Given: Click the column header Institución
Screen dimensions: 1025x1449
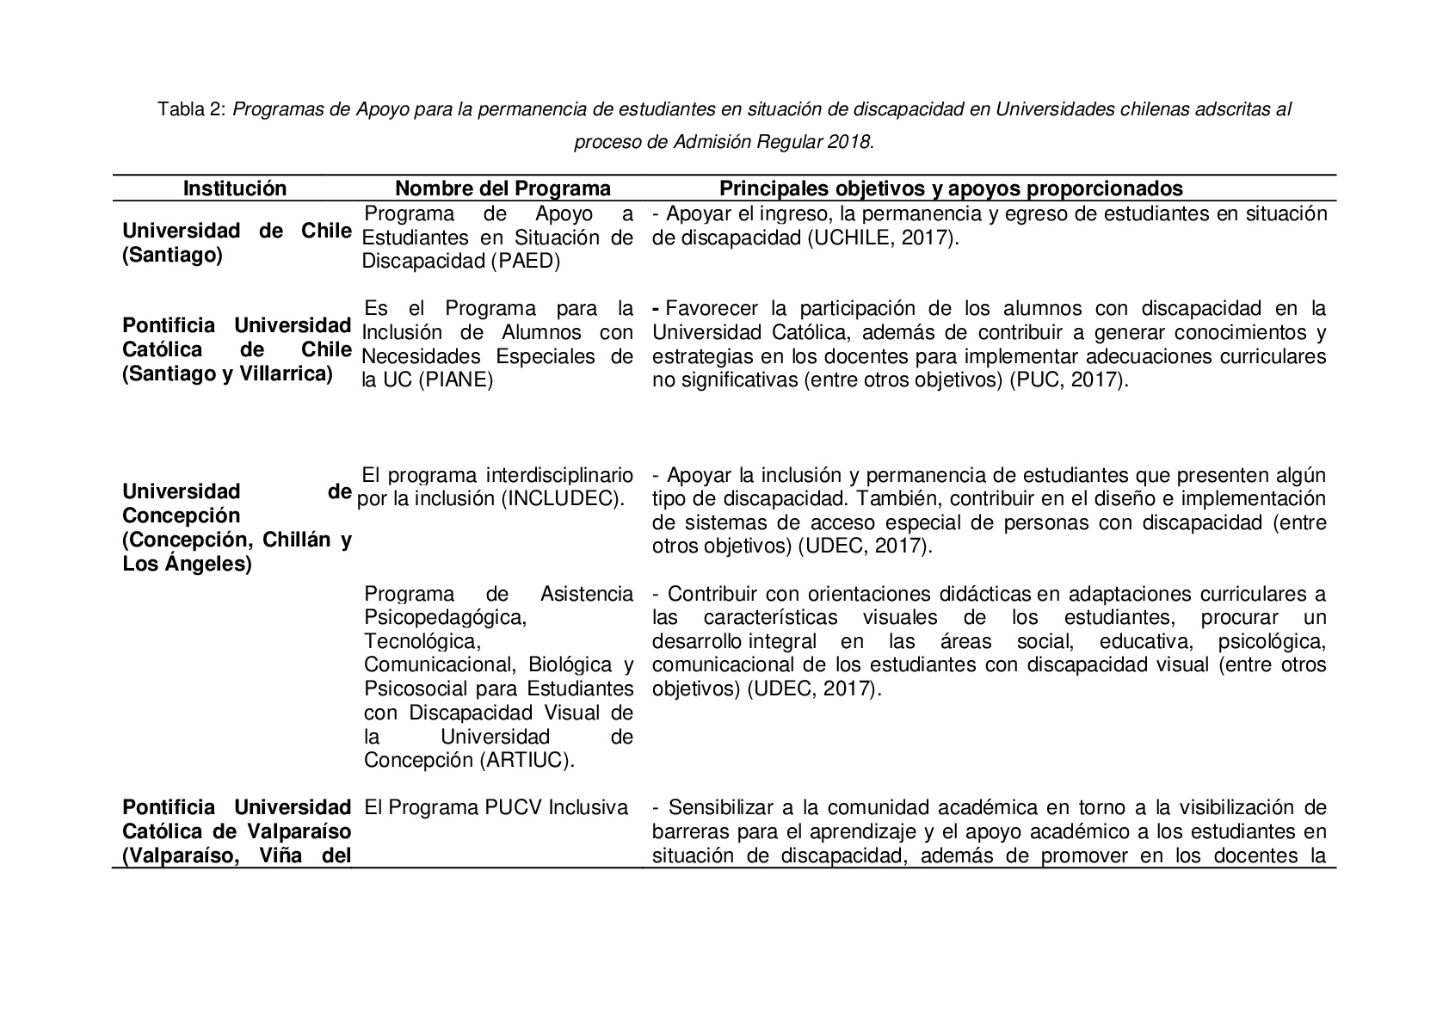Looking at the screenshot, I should tap(234, 188).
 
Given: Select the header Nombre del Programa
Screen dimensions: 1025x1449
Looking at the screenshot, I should tap(503, 188).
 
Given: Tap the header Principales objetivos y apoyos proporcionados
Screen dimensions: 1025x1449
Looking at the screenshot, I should tap(951, 188).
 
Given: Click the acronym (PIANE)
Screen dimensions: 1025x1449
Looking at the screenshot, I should tap(455, 380).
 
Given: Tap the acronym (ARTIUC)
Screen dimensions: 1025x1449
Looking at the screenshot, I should tap(532, 760).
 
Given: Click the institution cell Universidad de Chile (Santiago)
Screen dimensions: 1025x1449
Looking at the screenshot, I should tap(237, 244).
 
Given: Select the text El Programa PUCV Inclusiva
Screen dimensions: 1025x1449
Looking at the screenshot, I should tap(496, 808).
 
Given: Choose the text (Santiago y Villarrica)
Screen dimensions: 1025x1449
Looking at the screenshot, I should tap(227, 374).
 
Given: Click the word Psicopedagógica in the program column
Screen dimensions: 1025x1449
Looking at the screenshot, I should tap(444, 617).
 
